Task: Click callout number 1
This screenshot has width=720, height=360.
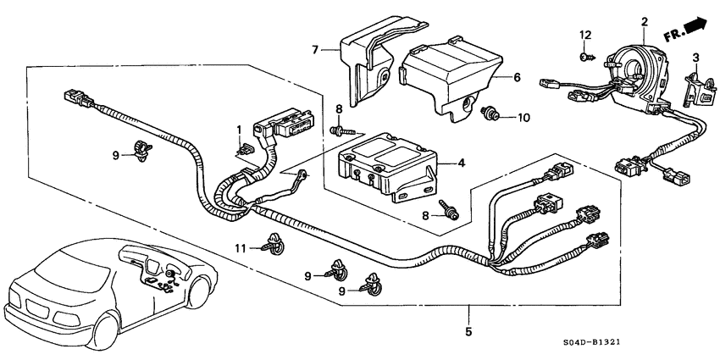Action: tap(239, 130)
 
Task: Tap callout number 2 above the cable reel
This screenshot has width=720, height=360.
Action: tap(645, 21)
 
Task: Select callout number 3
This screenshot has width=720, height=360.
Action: tap(696, 58)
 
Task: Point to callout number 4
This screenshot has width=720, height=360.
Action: tap(461, 163)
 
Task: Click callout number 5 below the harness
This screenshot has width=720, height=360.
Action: tap(468, 331)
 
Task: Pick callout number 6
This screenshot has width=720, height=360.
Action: tap(517, 78)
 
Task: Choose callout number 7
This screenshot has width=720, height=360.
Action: tap(315, 50)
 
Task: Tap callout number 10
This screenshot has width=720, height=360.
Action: tap(523, 118)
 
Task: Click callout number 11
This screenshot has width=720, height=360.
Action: tap(241, 248)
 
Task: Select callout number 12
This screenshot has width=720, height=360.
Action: tap(585, 35)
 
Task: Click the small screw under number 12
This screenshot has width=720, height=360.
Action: tap(586, 58)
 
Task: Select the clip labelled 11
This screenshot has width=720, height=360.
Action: tap(274, 242)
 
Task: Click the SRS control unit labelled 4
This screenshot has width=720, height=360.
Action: tap(387, 166)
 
